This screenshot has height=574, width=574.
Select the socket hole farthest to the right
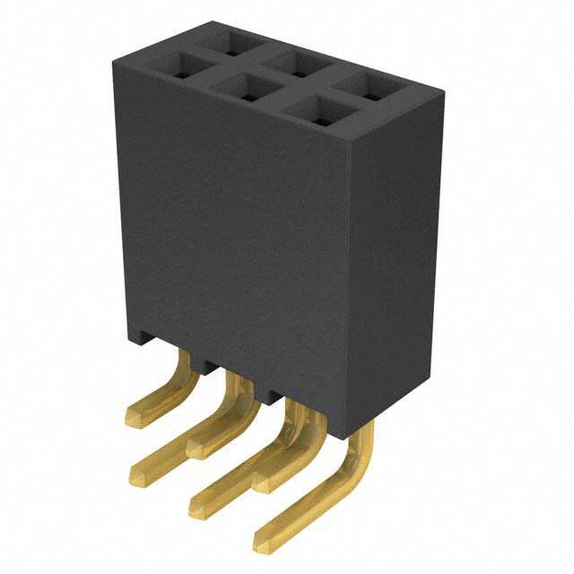(370, 86)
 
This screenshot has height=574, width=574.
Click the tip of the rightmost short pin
(261, 484)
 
